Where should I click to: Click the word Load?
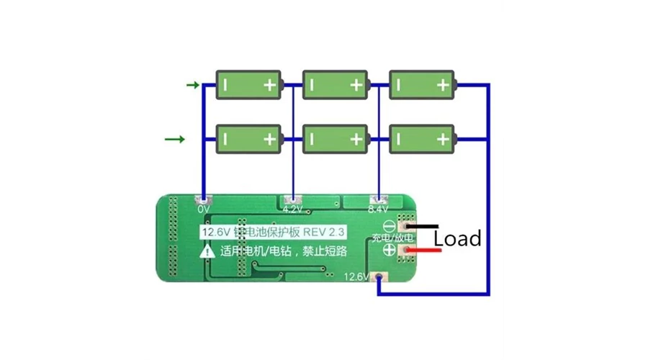pyautogui.click(x=457, y=238)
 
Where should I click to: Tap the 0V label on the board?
pyautogui.click(x=204, y=210)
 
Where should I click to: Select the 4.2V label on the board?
pyautogui.click(x=292, y=210)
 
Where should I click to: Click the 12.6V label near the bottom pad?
pyautogui.click(x=357, y=276)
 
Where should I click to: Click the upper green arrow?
pyautogui.click(x=193, y=86)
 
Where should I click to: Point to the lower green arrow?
pyautogui.click(x=175, y=139)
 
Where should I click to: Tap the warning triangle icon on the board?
pyautogui.click(x=208, y=251)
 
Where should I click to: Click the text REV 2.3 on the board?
pyautogui.click(x=325, y=232)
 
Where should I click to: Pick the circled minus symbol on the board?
pyautogui.click(x=388, y=225)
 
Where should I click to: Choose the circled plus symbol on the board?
pyautogui.click(x=388, y=250)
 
